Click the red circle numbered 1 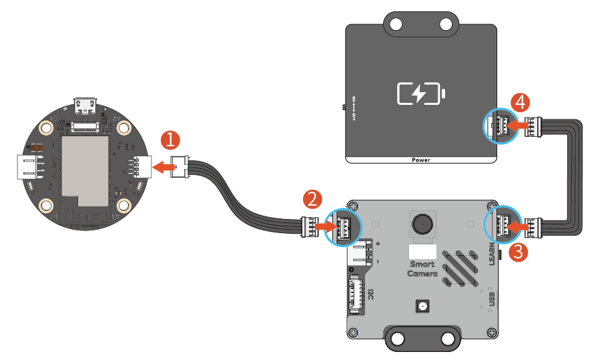coord(171,140)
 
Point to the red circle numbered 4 coord(522,102)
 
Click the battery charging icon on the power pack coord(420,94)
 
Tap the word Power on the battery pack coord(420,160)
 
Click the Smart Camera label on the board coord(422,269)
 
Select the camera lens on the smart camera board coord(422,223)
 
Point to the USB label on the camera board coord(492,297)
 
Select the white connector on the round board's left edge coord(28,167)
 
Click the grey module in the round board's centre coord(84,166)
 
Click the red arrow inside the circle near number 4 coord(514,124)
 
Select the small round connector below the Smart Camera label coord(422,307)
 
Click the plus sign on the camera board coord(378,244)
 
